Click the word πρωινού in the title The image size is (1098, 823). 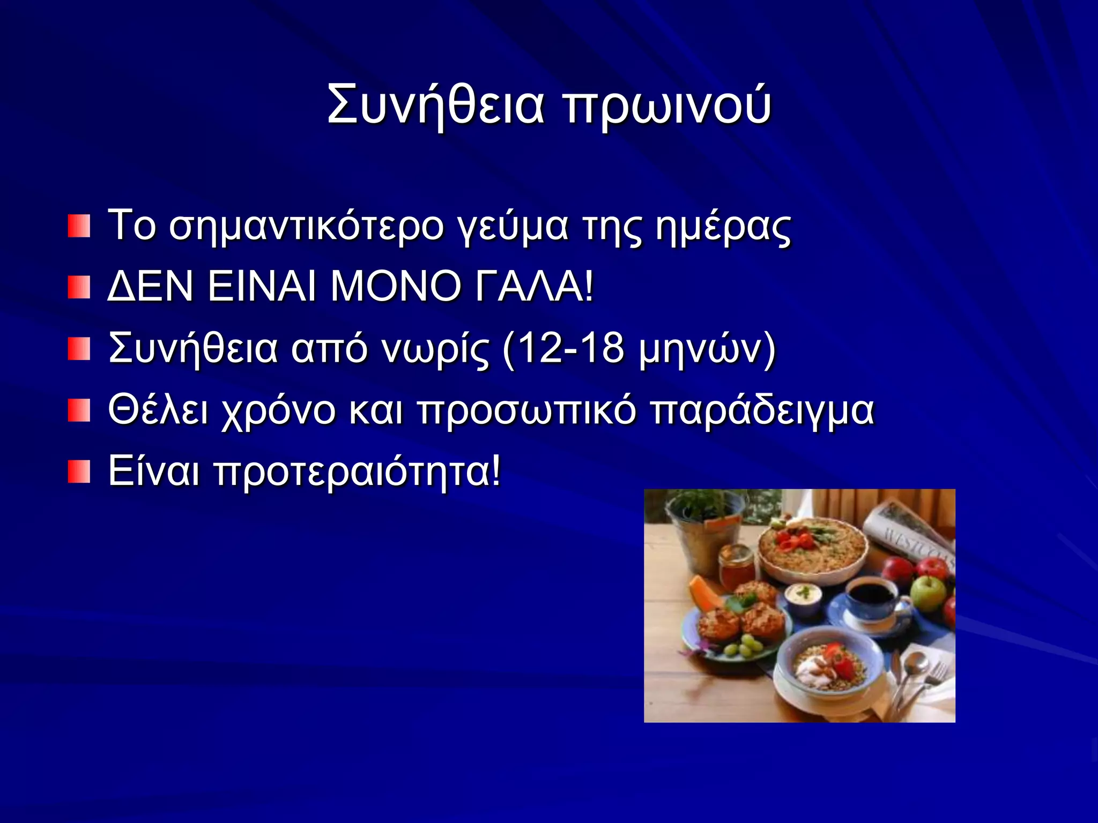(667, 104)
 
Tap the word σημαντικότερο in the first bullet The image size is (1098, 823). (306, 227)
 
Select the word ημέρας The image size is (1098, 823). (723, 227)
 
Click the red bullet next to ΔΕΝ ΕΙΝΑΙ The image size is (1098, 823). (79, 288)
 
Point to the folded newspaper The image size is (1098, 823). (911, 530)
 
